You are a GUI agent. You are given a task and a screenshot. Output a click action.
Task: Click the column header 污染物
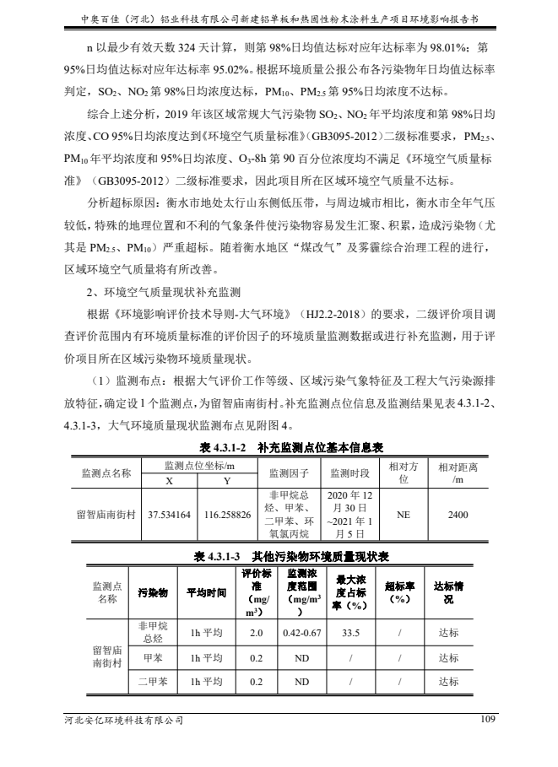153,593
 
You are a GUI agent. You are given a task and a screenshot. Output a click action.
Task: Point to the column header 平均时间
206,593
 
